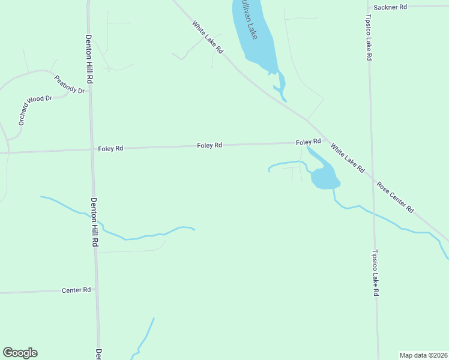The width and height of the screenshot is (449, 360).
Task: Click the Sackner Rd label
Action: point(390,7)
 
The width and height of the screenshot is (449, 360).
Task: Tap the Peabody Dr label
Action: point(70,84)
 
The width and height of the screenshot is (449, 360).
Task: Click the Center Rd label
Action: point(76,290)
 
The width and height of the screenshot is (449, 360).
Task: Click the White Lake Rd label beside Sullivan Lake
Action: point(208,38)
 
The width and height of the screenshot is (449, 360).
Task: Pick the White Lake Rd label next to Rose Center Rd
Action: point(348,158)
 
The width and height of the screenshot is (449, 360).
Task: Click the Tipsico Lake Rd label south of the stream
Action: point(376,272)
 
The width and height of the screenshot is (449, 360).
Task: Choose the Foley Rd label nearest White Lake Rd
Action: point(308,142)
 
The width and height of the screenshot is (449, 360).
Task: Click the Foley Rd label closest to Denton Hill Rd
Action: point(110,148)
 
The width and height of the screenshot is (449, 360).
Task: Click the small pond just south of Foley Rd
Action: point(324,177)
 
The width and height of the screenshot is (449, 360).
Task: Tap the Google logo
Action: point(20,353)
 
